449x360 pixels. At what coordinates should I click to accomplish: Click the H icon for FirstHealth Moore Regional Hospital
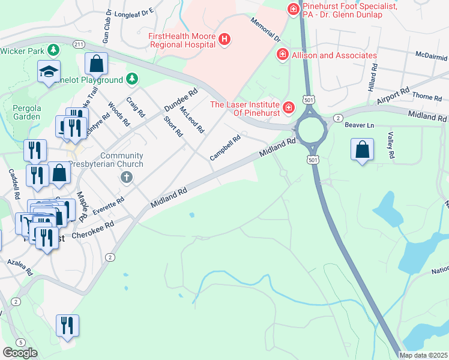click(224, 40)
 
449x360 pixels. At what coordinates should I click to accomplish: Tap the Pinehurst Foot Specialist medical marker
click(293, 9)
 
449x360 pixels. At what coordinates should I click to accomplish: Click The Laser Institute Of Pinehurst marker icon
click(289, 107)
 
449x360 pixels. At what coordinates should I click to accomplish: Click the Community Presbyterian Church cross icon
click(126, 176)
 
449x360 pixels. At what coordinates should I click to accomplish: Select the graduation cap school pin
click(49, 72)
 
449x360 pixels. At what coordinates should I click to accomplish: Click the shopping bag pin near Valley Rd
click(363, 150)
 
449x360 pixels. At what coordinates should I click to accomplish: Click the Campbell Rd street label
click(225, 148)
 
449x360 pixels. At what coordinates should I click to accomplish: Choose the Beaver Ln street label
click(360, 125)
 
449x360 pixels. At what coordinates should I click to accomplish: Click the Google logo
click(20, 353)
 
